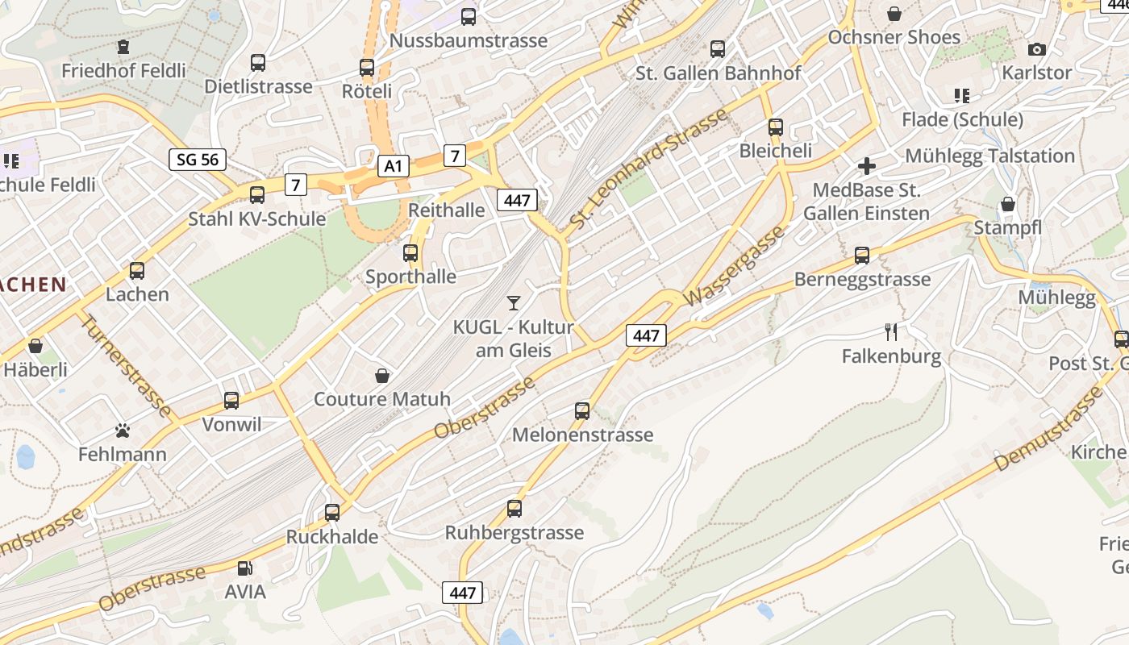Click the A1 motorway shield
pyautogui.click(x=393, y=167)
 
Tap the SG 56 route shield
pyautogui.click(x=198, y=160)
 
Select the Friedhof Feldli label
pyautogui.click(x=123, y=71)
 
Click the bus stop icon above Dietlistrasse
pyautogui.click(x=258, y=63)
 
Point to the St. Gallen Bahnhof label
pyautogui.click(x=718, y=73)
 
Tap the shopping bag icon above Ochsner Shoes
pyautogui.click(x=894, y=14)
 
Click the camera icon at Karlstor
pyautogui.click(x=1037, y=49)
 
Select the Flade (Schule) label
pyautogui.click(x=962, y=120)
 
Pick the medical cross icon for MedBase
pyautogui.click(x=867, y=166)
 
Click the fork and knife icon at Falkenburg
pyautogui.click(x=891, y=331)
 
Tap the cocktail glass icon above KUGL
pyautogui.click(x=513, y=303)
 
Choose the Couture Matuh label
pyautogui.click(x=381, y=399)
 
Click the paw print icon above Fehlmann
pyautogui.click(x=123, y=431)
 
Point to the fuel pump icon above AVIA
pyautogui.click(x=244, y=568)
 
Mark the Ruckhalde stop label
pyautogui.click(x=332, y=537)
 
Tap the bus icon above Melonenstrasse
pyautogui.click(x=582, y=411)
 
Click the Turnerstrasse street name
pyautogui.click(x=127, y=365)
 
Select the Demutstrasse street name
pyautogui.click(x=1048, y=430)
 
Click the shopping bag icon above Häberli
pyautogui.click(x=35, y=346)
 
